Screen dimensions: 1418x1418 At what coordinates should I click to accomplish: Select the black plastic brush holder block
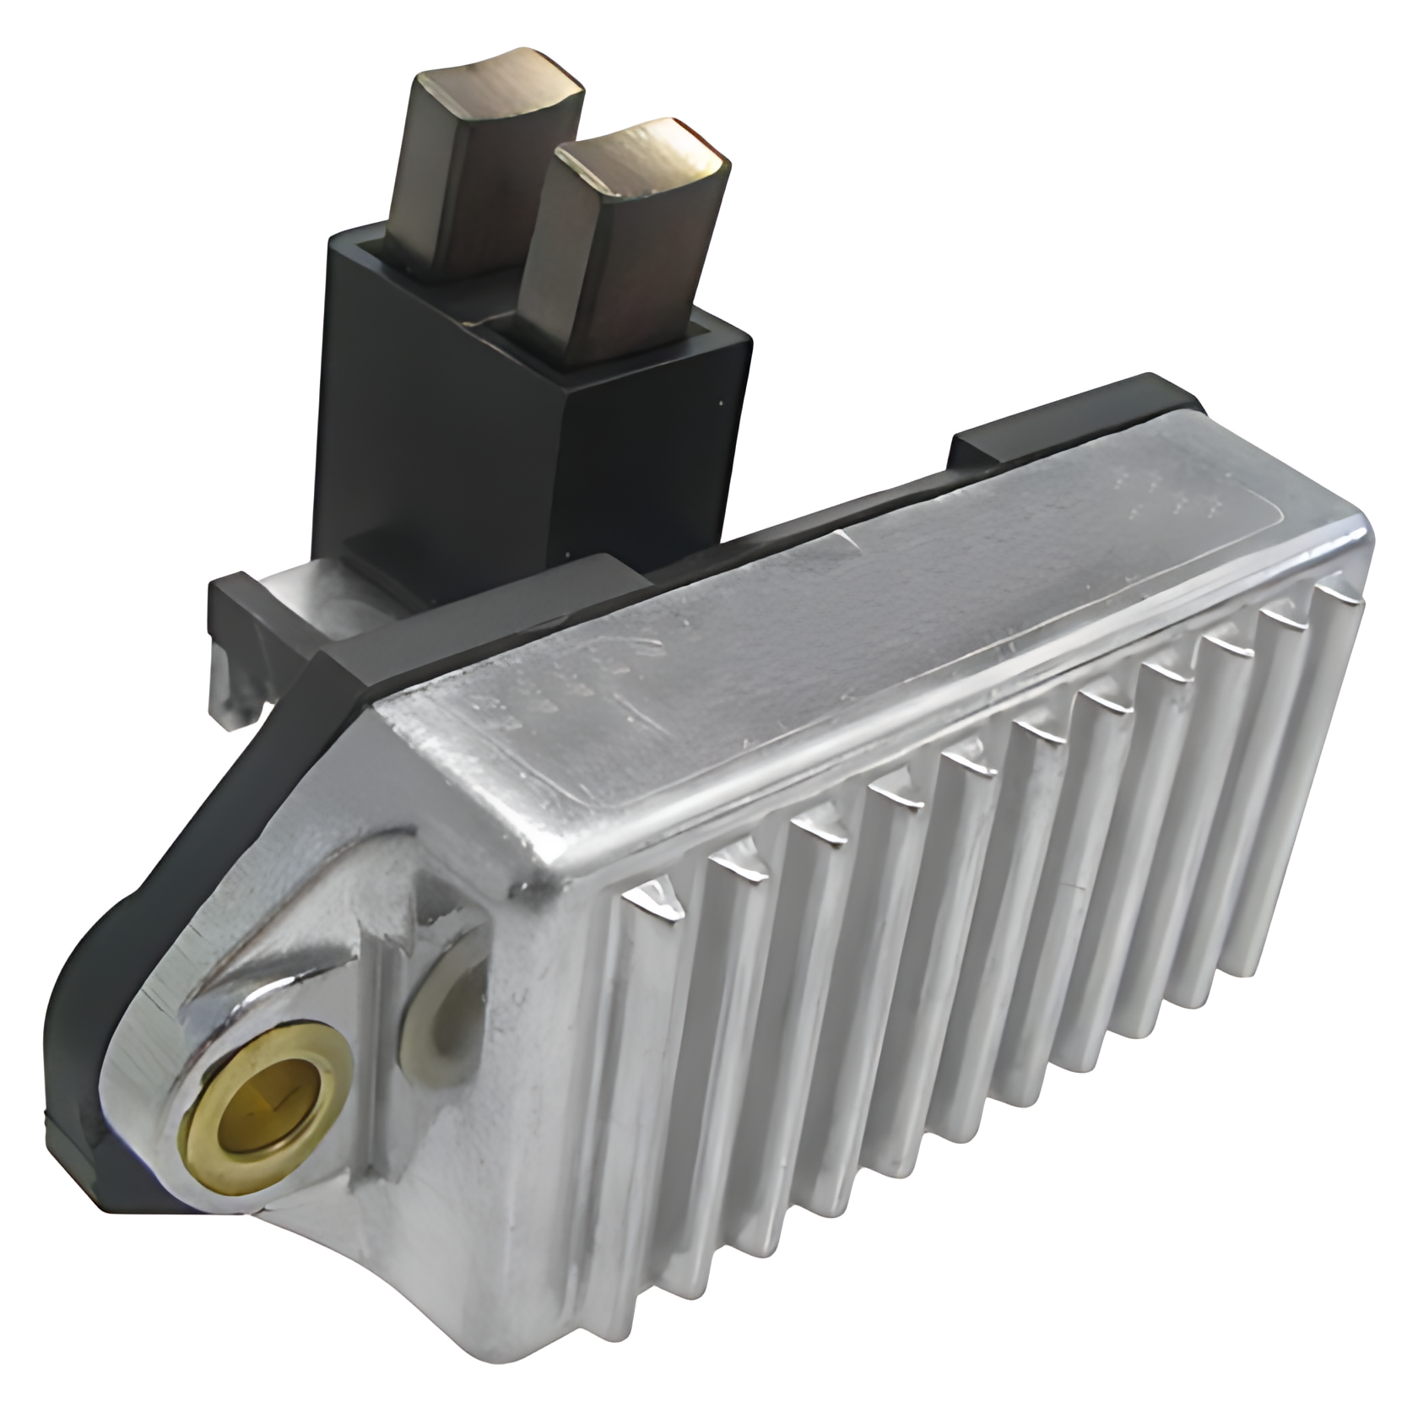[x=439, y=422]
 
